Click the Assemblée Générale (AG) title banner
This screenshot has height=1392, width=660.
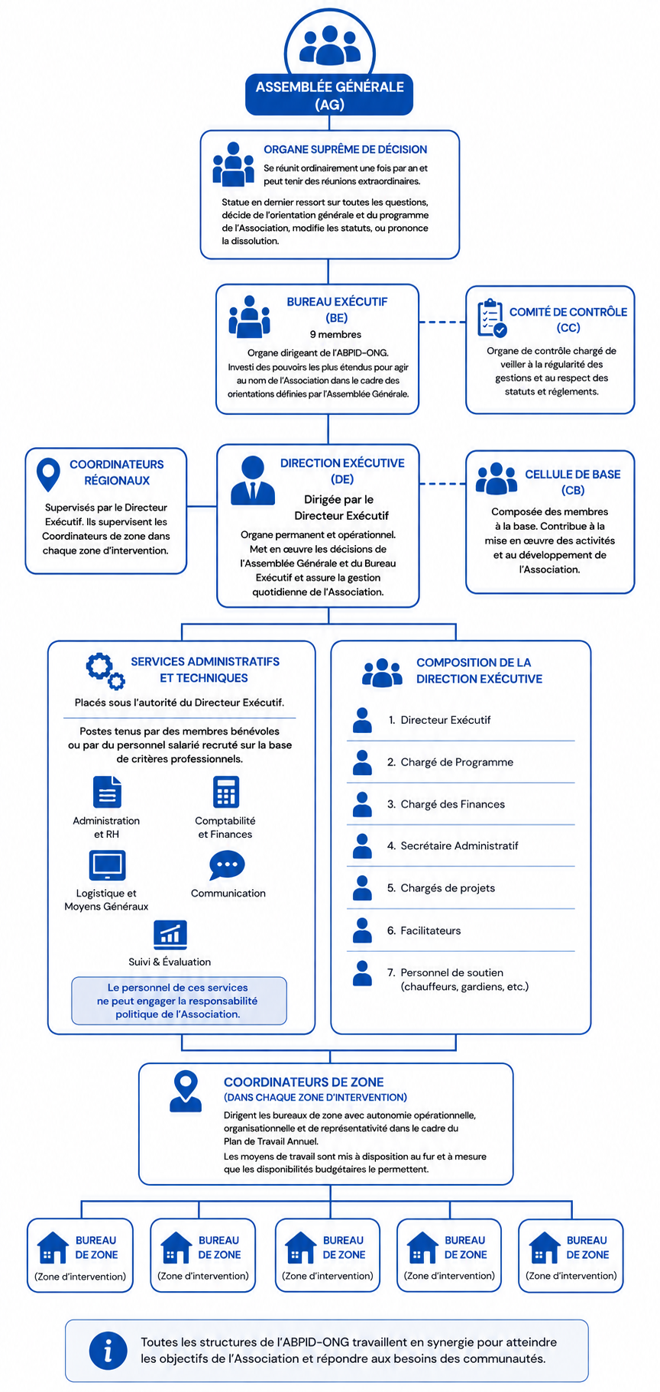329,95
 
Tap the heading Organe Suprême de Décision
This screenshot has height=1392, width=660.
345,149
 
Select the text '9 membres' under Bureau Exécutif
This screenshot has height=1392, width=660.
335,334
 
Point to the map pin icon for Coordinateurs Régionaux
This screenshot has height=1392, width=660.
48,475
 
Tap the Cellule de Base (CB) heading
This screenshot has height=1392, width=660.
572,482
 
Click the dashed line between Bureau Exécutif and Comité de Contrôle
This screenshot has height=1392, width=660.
442,322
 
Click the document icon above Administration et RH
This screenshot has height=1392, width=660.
107,792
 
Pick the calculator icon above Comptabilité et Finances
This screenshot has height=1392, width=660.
226,792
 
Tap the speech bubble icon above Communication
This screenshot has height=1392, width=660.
227,865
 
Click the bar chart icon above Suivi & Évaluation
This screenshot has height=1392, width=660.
170,933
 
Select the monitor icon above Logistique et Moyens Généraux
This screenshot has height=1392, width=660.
107,865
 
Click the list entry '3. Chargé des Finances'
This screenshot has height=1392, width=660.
445,804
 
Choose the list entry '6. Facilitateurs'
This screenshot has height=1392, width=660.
424,930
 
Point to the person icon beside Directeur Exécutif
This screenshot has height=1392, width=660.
362,720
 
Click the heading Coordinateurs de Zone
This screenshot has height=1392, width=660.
304,1082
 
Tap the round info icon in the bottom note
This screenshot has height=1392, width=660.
108,1350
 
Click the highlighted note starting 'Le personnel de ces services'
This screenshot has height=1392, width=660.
179,1001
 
